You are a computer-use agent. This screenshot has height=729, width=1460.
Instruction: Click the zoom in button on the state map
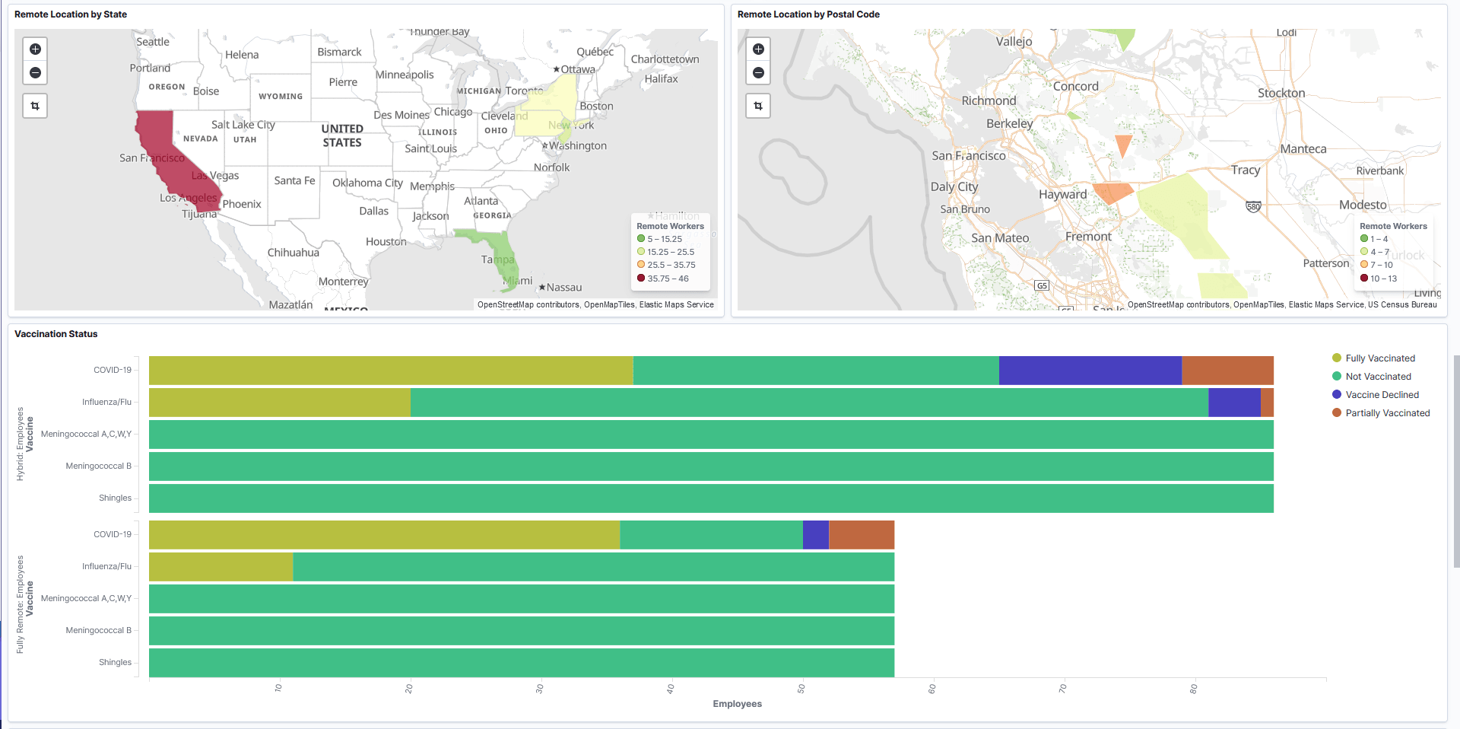[x=35, y=49]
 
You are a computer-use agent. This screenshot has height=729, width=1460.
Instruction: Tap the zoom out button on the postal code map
[x=758, y=73]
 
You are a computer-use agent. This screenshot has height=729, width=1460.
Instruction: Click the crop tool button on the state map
[x=35, y=106]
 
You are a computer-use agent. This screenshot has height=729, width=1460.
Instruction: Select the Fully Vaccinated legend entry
[x=1379, y=358]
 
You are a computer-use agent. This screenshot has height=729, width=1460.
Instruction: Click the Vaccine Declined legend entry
[x=1381, y=395]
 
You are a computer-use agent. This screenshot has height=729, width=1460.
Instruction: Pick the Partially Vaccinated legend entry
[x=1387, y=413]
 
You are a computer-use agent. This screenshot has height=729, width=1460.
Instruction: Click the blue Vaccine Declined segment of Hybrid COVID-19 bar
[x=1090, y=371]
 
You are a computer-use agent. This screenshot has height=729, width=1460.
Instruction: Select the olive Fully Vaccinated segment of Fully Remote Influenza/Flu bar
[x=221, y=567]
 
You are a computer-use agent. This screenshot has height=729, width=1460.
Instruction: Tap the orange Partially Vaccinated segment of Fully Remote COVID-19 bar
[x=861, y=535]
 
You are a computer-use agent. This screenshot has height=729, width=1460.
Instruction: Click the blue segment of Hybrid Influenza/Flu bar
[x=1234, y=403]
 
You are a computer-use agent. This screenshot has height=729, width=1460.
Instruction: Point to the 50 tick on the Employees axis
[x=801, y=688]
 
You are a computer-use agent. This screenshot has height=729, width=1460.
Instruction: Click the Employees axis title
[x=737, y=704]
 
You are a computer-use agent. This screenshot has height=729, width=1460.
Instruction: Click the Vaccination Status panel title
[x=56, y=334]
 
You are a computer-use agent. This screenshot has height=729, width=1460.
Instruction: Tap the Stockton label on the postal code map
[x=1281, y=94]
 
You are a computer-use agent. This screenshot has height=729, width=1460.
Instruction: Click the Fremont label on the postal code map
[x=1088, y=237]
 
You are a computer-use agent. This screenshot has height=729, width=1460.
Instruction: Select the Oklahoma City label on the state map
[x=367, y=183]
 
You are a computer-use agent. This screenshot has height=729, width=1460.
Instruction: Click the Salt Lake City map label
[x=243, y=125]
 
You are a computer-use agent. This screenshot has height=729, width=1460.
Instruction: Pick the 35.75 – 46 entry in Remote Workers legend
[x=667, y=279]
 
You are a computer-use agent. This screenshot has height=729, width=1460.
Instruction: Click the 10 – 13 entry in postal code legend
[x=1382, y=279]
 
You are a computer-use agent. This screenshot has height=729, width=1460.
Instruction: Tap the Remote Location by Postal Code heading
[x=808, y=14]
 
